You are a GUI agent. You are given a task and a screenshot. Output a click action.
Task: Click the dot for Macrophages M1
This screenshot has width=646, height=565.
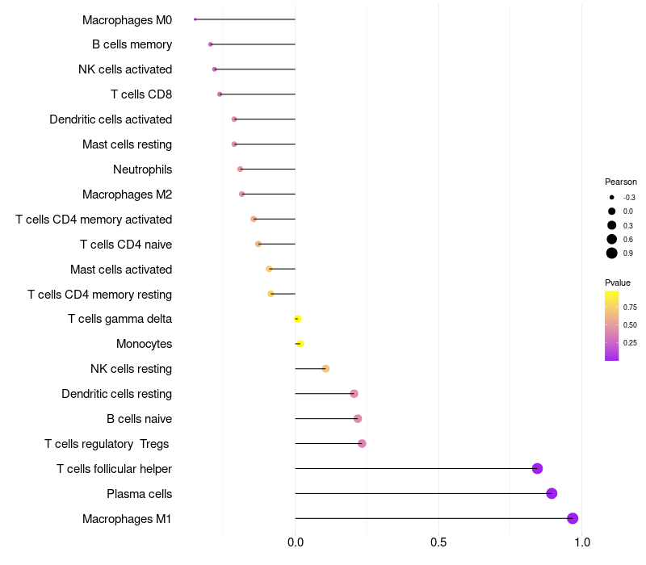[x=573, y=518]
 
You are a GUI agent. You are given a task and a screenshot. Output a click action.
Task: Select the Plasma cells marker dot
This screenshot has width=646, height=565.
[x=552, y=493]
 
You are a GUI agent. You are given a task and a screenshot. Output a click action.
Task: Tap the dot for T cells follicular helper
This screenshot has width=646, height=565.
[x=537, y=468]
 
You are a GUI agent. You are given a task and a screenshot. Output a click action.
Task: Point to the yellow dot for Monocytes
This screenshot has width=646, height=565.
[x=300, y=344]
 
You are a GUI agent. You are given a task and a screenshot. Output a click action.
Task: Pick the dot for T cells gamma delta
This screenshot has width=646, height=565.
[x=297, y=319]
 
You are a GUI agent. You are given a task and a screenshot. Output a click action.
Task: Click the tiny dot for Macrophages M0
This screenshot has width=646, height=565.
[x=195, y=19]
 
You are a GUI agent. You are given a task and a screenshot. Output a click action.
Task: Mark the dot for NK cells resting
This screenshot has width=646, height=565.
[x=325, y=369]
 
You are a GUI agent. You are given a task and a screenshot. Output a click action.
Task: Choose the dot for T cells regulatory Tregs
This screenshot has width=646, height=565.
[x=362, y=443]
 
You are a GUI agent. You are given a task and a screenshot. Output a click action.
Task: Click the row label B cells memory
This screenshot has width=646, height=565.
[x=132, y=44]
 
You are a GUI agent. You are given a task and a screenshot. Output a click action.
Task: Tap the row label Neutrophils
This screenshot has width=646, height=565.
[x=142, y=169]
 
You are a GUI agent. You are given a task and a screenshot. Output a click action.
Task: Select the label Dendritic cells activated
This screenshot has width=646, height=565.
[x=111, y=119]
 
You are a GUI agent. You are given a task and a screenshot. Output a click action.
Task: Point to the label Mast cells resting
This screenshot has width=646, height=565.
[x=127, y=144]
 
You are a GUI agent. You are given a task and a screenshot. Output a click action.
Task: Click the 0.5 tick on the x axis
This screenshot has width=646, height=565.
[x=438, y=542]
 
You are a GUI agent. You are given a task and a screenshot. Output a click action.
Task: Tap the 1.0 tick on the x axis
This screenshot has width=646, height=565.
[x=581, y=542]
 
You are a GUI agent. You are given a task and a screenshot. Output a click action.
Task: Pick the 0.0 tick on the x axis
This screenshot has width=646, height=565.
[x=296, y=542]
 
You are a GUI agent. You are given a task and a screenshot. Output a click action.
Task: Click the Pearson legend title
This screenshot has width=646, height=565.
[x=621, y=182]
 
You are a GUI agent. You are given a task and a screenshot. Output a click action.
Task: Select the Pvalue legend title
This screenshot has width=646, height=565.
[x=618, y=282]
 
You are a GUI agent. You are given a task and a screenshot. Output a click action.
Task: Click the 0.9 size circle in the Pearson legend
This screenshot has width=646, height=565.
[x=612, y=253]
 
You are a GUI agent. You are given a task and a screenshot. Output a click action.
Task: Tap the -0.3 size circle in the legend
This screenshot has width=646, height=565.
[x=612, y=197]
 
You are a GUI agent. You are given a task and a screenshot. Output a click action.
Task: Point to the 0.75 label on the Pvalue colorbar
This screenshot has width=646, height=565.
[x=630, y=307]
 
